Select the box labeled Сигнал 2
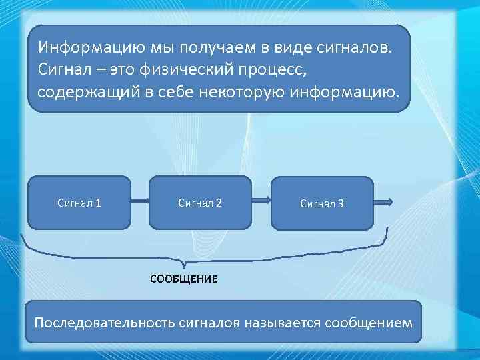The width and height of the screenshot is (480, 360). coord(199,202)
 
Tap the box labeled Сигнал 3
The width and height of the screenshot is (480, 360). coord(322,203)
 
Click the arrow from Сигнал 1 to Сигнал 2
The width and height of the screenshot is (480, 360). coord(139,202)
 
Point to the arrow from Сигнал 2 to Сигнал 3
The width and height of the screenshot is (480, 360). coord(261,202)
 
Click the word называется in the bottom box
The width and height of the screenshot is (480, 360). coord(279,323)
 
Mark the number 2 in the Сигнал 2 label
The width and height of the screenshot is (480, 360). coord(219,202)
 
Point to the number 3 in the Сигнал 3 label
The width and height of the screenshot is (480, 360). coord(341,203)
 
